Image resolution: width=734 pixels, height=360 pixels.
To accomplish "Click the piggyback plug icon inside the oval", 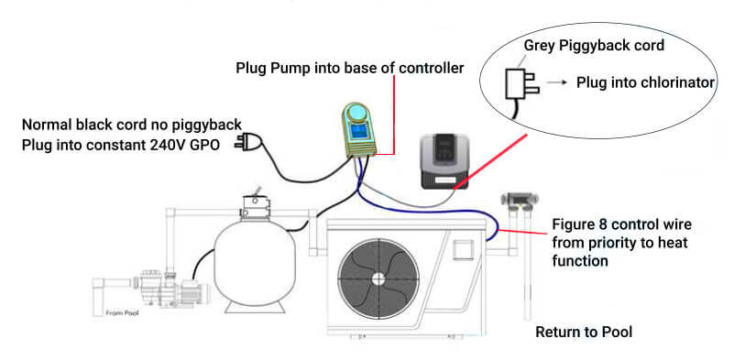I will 512,84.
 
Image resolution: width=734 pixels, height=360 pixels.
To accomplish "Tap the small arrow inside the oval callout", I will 556,82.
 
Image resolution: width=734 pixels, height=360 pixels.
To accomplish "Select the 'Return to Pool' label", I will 585,332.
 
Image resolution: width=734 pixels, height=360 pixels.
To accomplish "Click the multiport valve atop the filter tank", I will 251,202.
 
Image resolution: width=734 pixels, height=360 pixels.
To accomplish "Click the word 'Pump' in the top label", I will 287,68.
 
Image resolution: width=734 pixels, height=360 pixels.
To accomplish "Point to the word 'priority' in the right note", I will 609,243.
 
